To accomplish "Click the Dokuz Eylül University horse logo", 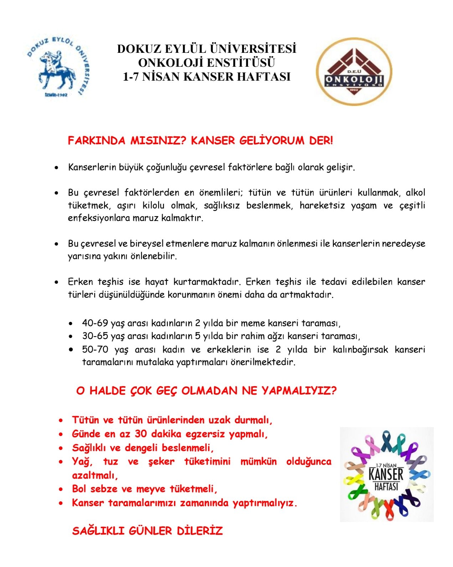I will point(58,68).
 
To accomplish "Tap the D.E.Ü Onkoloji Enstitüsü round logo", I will point(354,71).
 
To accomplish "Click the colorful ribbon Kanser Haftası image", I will point(387,474).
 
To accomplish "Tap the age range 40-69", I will point(95,323).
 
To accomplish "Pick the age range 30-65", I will point(95,336).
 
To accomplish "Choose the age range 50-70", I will point(95,349).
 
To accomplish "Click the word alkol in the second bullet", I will point(415,193).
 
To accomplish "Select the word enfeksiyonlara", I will point(99,218).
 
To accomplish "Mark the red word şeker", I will point(161,462).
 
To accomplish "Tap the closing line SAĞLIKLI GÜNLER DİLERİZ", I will point(147,531).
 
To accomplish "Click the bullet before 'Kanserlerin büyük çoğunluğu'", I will point(56,167).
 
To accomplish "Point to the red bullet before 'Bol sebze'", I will point(61,490).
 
